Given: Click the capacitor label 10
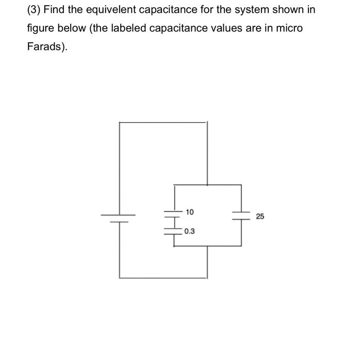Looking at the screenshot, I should tap(190, 212).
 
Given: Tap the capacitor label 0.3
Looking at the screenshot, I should tap(189, 232).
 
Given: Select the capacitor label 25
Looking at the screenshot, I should tap(259, 217).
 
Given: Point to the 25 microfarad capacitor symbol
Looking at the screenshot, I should tap(241, 215).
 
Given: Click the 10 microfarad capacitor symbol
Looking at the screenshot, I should tap(174, 214).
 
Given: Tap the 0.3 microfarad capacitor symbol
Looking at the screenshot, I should tap(174, 231).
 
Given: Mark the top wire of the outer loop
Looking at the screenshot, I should tap(163, 122).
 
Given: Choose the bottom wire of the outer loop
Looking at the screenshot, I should tap(163, 278).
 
